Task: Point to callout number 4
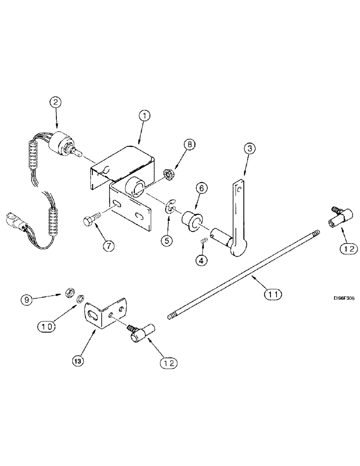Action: tap(202, 261)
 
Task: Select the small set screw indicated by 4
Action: tap(203, 240)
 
